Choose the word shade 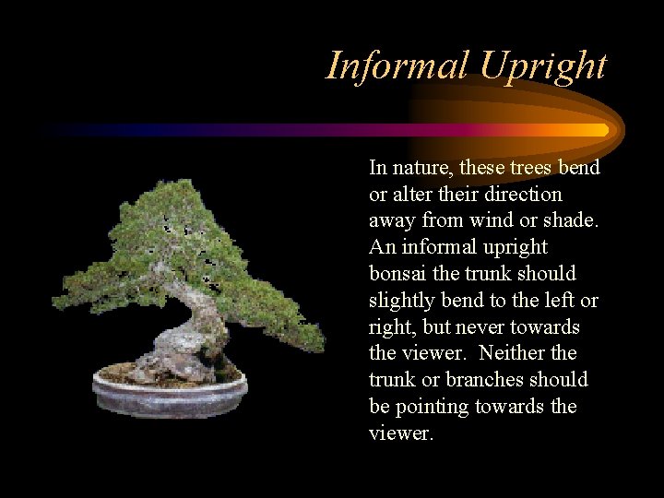(571, 221)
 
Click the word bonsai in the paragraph (399, 274)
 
